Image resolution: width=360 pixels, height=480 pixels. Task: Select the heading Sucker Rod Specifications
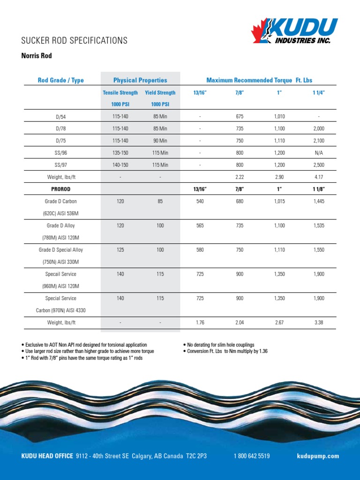coord(75,40)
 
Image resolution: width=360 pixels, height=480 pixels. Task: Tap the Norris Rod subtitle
coord(37,56)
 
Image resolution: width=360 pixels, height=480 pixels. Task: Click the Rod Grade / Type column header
coord(60,80)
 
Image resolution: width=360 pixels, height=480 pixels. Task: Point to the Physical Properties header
coord(140,80)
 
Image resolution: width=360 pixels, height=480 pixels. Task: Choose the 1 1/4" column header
coord(319,93)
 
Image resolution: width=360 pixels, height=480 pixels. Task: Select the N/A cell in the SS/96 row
coord(319,153)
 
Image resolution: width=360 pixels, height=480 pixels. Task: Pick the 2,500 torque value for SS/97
coord(319,165)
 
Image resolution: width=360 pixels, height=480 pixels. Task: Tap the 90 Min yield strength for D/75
coord(160,141)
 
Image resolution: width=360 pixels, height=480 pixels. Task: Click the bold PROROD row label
coord(61,189)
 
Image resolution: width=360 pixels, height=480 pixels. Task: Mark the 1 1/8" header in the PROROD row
coord(319,189)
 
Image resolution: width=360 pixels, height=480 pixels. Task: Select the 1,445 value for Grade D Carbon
coord(319,201)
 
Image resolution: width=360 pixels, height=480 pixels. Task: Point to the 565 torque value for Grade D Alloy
coord(200,225)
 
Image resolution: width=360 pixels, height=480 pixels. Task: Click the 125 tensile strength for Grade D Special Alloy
coord(120,250)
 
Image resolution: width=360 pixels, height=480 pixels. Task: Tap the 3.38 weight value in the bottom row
coord(319,322)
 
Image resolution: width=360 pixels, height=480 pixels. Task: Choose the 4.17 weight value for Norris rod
coord(319,177)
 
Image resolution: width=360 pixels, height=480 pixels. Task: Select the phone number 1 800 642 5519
coord(252,456)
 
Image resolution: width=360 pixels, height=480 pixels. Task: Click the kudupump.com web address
coord(318,456)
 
